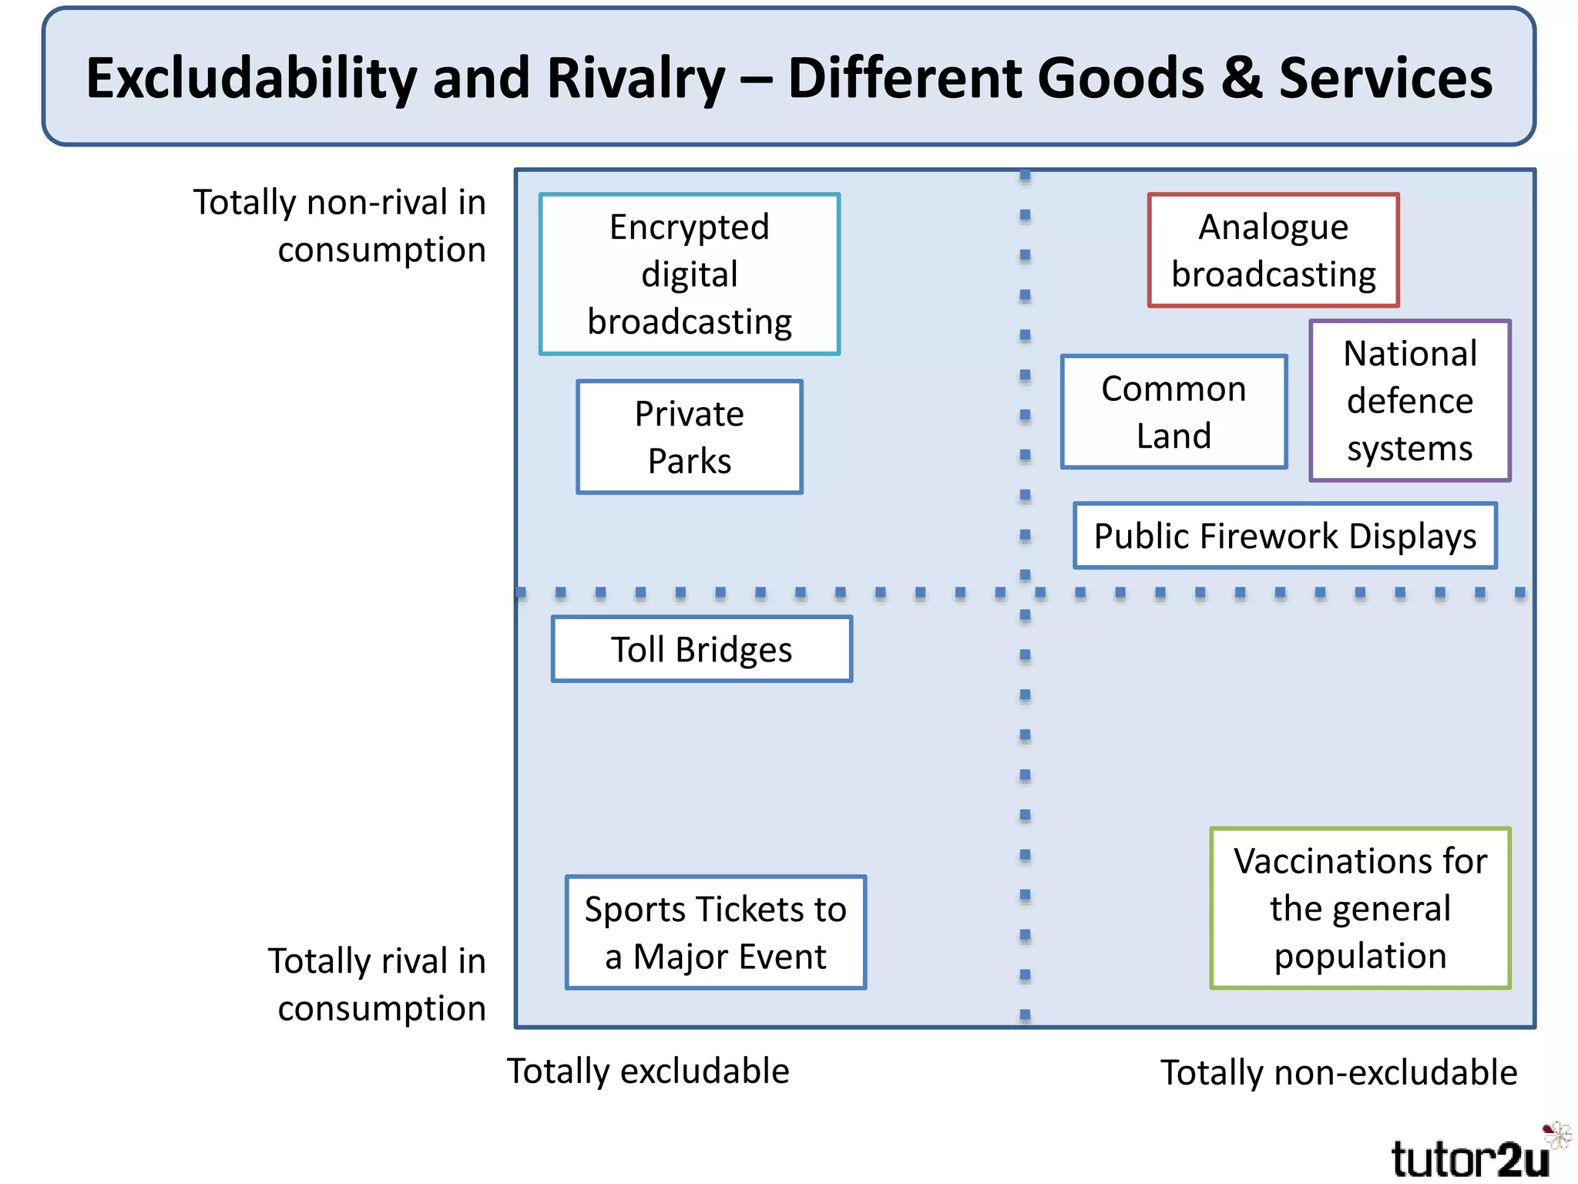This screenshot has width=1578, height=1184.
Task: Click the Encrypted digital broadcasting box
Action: pos(690,274)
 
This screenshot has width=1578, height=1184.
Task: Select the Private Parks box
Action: pos(690,437)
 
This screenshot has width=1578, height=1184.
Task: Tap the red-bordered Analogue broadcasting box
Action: pos(1273,251)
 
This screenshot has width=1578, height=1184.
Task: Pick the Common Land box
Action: pos(1173,412)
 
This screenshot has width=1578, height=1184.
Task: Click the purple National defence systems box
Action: pos(1410,401)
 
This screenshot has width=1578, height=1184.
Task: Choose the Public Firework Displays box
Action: pos(1284,536)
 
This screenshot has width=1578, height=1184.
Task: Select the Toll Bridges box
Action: pos(702,649)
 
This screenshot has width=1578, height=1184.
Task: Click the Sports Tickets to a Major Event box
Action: pos(715,933)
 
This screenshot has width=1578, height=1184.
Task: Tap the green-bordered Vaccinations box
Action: pos(1360,908)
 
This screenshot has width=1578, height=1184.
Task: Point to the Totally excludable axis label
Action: pos(648,1071)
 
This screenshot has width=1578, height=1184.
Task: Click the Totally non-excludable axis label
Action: pos(1338,1073)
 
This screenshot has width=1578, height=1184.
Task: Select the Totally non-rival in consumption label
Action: pos(340,226)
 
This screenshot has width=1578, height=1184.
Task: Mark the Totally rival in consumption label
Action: pos(378,984)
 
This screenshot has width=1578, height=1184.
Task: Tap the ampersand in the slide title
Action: pos(1241,79)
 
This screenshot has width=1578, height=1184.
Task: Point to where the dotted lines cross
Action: pos(1025,593)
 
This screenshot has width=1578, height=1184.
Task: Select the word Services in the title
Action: pos(1385,79)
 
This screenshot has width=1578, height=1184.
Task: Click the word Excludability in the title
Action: pos(251,79)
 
